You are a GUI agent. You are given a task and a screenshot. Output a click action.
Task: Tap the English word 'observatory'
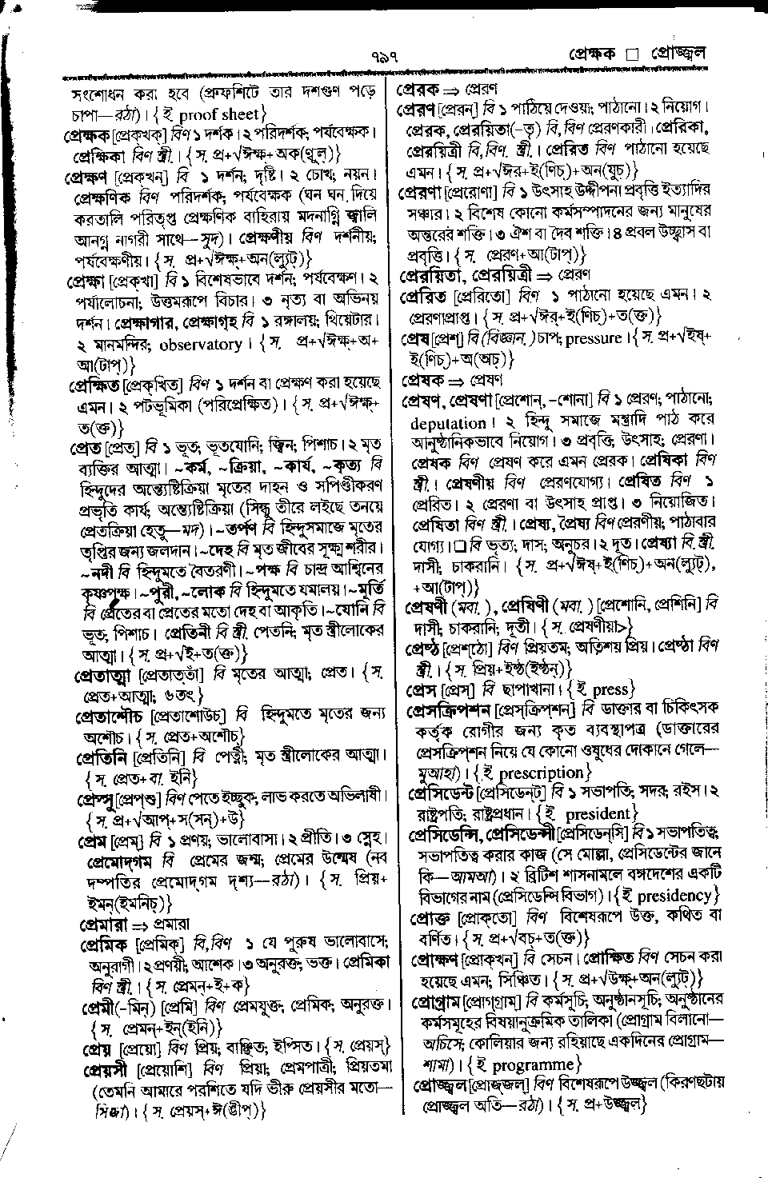201,345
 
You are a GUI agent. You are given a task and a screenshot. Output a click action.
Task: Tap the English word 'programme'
534,1064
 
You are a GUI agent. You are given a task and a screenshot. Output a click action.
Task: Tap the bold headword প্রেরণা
424,191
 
